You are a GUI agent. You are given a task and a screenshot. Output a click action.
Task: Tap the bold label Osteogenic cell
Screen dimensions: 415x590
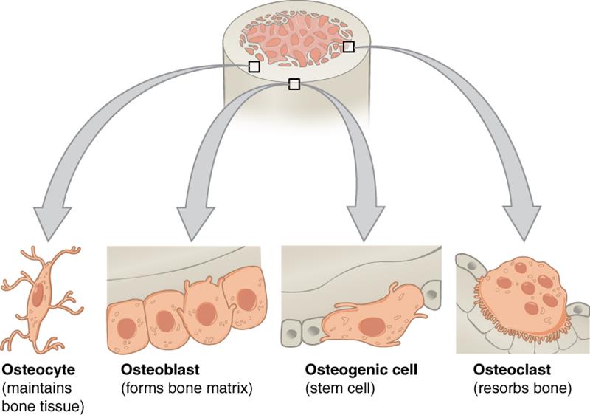[x=351, y=368]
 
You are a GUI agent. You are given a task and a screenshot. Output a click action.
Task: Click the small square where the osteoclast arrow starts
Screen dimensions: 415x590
[x=349, y=47]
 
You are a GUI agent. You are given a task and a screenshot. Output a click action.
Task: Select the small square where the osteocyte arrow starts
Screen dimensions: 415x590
[x=254, y=66]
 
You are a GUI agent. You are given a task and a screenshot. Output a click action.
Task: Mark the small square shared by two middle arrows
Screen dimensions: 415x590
[x=294, y=84]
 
